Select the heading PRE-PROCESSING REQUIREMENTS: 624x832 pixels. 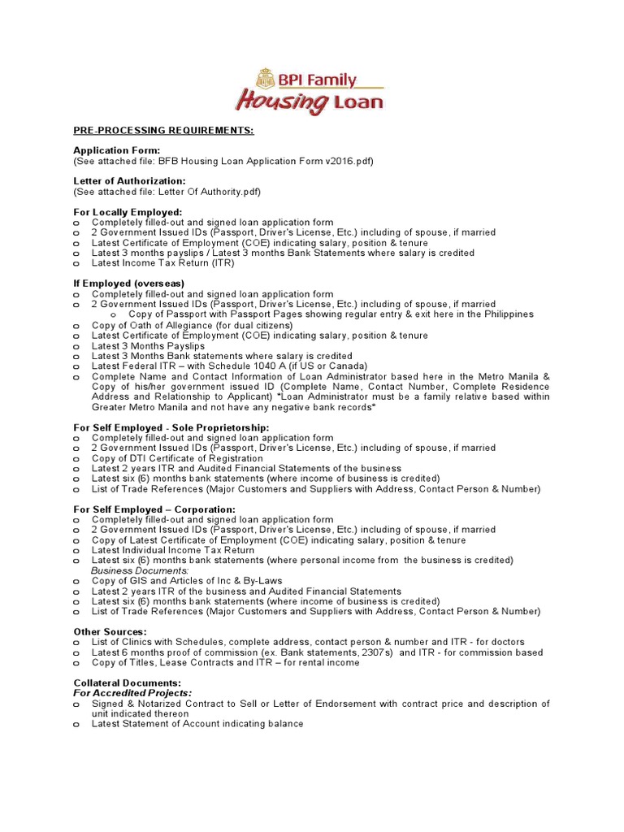click(x=163, y=130)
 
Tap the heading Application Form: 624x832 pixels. click(x=117, y=150)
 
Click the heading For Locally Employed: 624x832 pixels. click(x=128, y=212)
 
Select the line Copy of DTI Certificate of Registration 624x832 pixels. click(x=177, y=458)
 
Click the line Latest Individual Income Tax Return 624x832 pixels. click(x=173, y=550)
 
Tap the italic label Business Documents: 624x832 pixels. click(x=140, y=570)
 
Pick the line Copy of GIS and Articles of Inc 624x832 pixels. click(x=187, y=581)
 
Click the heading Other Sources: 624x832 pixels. click(x=110, y=631)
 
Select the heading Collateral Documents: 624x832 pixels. click(x=128, y=683)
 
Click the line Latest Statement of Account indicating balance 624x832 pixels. click(x=197, y=724)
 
